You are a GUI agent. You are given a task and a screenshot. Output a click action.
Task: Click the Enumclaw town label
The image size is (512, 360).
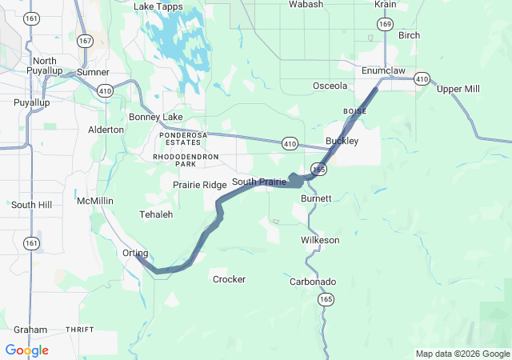click(x=384, y=71)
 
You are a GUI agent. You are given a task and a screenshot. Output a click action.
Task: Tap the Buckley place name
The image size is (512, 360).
click(x=342, y=141)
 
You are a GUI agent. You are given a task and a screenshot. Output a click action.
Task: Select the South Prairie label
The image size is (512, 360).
click(x=258, y=182)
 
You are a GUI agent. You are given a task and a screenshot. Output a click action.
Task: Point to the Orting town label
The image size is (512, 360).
click(x=135, y=253)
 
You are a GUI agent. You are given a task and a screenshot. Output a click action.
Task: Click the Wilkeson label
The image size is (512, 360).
click(x=320, y=240)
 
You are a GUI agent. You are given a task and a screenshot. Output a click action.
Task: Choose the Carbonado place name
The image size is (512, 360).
click(x=313, y=282)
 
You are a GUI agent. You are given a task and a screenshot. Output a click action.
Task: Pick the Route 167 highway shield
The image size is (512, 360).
click(x=86, y=40)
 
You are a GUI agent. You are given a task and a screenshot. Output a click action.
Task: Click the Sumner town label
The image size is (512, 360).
click(x=93, y=73)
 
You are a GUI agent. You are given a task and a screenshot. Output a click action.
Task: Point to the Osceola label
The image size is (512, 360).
click(x=330, y=86)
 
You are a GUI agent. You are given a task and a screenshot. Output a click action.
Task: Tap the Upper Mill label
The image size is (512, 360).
click(x=458, y=89)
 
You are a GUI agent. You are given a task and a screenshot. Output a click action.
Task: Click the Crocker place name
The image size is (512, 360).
click(x=229, y=279)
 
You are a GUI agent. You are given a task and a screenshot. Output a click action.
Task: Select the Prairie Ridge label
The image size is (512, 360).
click(x=200, y=185)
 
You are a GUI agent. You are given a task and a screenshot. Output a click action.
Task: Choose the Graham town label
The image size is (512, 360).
click(x=30, y=330)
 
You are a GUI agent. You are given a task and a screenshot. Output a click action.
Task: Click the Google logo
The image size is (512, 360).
click(x=26, y=350)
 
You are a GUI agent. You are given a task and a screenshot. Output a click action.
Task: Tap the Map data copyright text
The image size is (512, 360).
click(x=462, y=354)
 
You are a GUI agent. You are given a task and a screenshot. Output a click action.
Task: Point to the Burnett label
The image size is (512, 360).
click(x=316, y=198)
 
